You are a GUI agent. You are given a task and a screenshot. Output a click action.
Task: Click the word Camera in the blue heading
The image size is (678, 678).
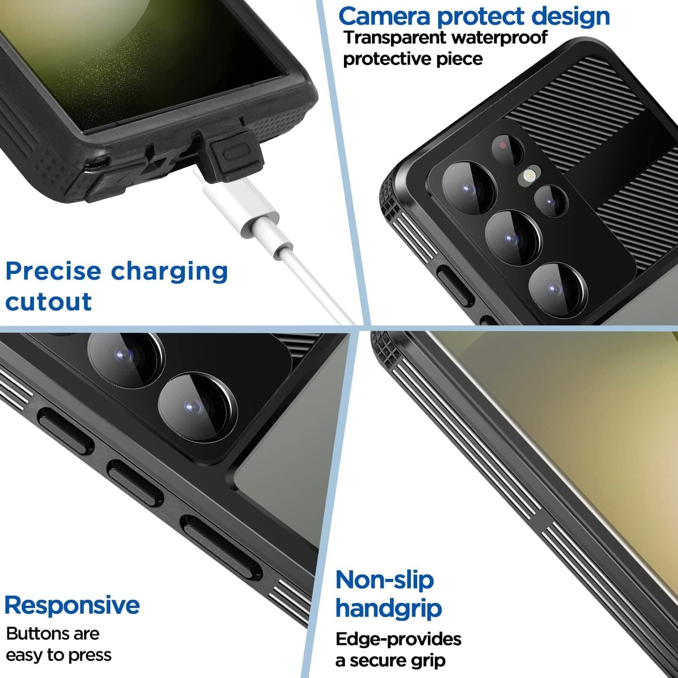(384, 16)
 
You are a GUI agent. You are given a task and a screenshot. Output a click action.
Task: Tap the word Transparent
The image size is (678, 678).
(395, 38)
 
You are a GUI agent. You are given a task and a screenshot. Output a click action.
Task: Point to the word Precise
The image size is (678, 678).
(53, 271)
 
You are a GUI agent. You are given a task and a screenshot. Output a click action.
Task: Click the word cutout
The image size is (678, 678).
(48, 302)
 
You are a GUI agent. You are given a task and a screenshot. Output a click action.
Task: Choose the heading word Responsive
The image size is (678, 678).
(72, 605)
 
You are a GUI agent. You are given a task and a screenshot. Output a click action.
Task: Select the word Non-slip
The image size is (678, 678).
(384, 580)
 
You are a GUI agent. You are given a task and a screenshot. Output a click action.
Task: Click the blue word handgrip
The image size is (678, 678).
(389, 609)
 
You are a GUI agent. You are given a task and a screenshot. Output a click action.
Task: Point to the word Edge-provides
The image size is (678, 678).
(398, 639)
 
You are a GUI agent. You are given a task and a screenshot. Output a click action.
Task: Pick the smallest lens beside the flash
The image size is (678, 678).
(551, 201)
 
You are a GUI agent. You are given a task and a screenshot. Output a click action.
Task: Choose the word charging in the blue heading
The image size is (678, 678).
(169, 271)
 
